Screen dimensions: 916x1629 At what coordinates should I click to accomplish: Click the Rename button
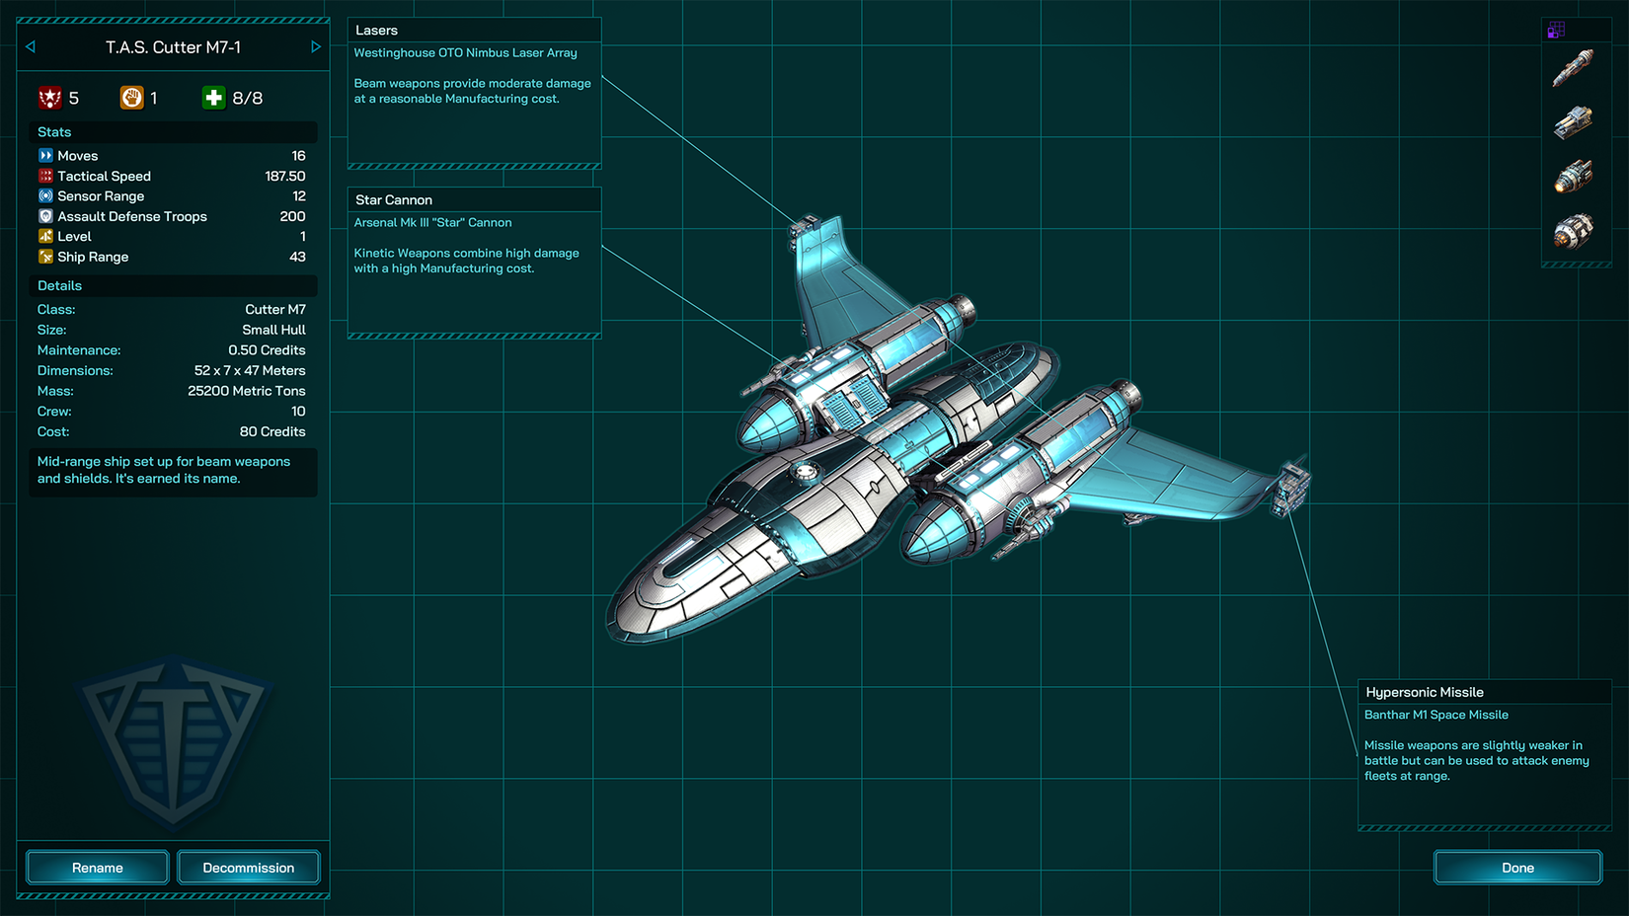pos(98,868)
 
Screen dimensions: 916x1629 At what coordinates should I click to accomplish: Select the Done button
pos(1517,868)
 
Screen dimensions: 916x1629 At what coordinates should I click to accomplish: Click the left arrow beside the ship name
pos(31,47)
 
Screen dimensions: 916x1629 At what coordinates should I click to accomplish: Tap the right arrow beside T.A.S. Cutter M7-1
pos(316,47)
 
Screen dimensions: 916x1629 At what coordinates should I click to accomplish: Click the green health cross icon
pos(213,98)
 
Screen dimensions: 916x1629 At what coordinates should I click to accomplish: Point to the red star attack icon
pos(50,98)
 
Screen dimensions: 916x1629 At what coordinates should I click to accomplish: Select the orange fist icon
pos(131,98)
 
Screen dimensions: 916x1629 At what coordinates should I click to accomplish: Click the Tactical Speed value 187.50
pos(285,176)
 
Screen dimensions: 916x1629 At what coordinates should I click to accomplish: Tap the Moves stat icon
pos(45,155)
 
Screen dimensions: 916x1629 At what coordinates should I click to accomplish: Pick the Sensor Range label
pos(101,196)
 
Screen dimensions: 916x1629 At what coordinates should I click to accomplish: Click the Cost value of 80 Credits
pos(272,431)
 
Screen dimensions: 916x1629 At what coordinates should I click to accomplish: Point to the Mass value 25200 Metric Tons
pos(247,391)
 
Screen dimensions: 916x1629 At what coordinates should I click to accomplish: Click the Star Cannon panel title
pos(394,199)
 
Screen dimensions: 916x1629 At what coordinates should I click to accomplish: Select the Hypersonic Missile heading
pos(1424,692)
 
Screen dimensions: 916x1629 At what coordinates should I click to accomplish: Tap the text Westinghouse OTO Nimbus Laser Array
pos(465,53)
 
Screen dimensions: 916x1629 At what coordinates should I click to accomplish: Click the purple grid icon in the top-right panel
pos(1556,31)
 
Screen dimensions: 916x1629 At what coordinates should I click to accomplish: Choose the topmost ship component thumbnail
pos(1573,69)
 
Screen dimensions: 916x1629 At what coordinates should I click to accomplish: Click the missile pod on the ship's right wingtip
pos(1291,487)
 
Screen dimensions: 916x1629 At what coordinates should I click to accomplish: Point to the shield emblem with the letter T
pos(175,740)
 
